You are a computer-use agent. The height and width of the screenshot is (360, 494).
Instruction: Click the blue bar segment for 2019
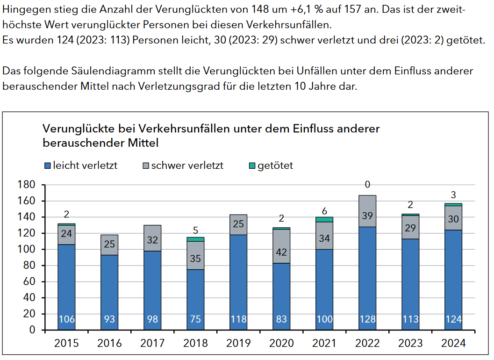238,281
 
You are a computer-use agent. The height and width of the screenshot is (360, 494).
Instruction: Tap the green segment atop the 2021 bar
324,219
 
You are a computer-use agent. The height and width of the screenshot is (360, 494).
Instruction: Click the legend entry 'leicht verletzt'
80,166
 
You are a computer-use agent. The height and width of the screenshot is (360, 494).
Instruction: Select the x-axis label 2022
367,343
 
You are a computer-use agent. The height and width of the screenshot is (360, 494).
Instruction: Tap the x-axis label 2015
66,343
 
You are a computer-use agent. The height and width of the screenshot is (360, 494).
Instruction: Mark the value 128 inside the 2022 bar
367,319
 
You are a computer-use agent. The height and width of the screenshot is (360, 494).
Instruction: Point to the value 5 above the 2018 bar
195,230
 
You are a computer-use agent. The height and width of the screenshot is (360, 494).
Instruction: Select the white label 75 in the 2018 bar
195,319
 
